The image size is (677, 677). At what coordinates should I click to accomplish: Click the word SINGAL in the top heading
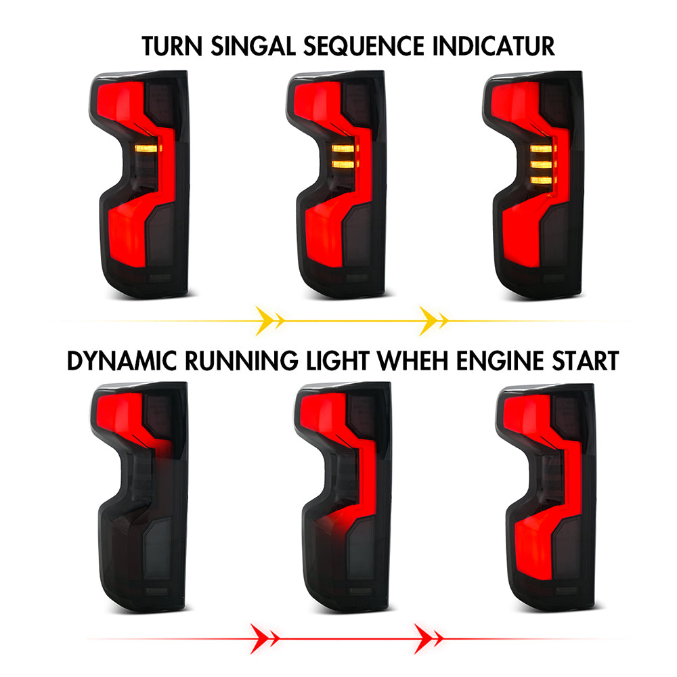[253, 46]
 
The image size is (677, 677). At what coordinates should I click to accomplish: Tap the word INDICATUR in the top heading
[494, 46]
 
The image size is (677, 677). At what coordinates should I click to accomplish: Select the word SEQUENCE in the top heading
[364, 47]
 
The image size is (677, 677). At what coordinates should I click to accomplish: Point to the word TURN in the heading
[172, 46]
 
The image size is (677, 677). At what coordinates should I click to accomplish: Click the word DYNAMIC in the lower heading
[122, 361]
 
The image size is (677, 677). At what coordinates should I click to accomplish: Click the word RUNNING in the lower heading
[242, 361]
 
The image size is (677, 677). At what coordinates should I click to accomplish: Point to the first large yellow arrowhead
[265, 321]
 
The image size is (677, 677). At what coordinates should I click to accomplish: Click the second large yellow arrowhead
[429, 321]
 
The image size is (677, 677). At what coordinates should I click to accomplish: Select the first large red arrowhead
[260, 638]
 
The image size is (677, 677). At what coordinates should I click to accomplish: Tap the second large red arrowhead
[424, 638]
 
